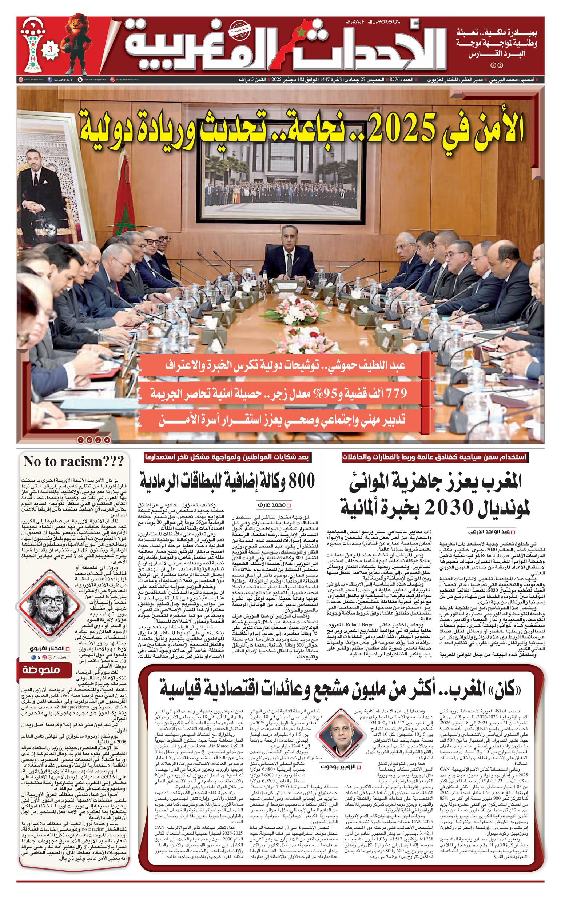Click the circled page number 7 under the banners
(80, 440)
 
